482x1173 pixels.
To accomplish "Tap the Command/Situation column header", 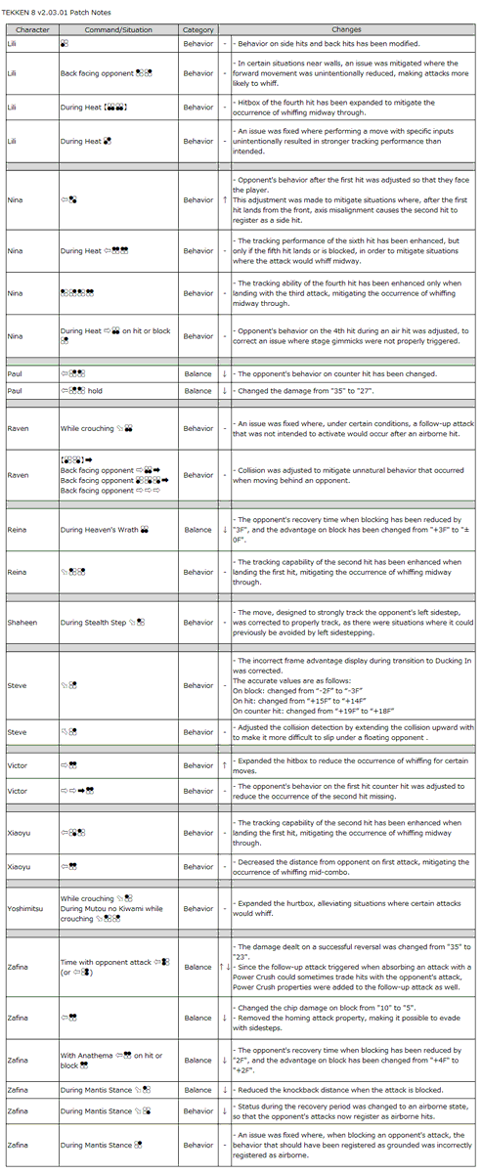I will click(118, 30).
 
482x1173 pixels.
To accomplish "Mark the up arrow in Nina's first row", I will click(224, 199).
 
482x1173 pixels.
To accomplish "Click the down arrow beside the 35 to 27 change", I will click(224, 390).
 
